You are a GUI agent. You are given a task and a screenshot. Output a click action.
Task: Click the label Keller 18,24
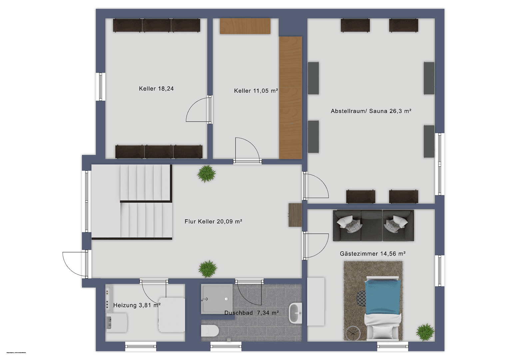(x=156, y=89)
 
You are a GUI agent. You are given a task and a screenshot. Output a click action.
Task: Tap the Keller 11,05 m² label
(x=256, y=91)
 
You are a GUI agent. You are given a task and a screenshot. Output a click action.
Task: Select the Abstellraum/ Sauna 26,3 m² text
(x=371, y=111)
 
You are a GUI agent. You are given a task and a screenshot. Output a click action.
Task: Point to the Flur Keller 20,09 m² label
(x=213, y=221)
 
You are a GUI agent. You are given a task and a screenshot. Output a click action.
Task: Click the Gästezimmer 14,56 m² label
(x=372, y=254)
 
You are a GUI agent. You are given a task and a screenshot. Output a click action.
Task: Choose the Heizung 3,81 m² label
(x=137, y=305)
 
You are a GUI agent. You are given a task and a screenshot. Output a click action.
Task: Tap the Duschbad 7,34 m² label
(x=252, y=313)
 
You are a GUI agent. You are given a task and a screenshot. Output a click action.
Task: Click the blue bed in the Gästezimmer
(x=382, y=297)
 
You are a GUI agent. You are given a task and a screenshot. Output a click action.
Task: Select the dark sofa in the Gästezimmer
(x=373, y=225)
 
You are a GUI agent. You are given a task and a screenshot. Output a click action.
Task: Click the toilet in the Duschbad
(x=210, y=331)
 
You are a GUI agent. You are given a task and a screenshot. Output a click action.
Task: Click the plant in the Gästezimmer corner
(x=425, y=332)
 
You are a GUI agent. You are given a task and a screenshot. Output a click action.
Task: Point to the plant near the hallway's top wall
(x=207, y=174)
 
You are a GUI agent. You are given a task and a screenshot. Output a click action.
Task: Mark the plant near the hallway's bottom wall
(x=208, y=268)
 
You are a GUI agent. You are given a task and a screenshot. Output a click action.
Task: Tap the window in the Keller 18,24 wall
(x=101, y=87)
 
